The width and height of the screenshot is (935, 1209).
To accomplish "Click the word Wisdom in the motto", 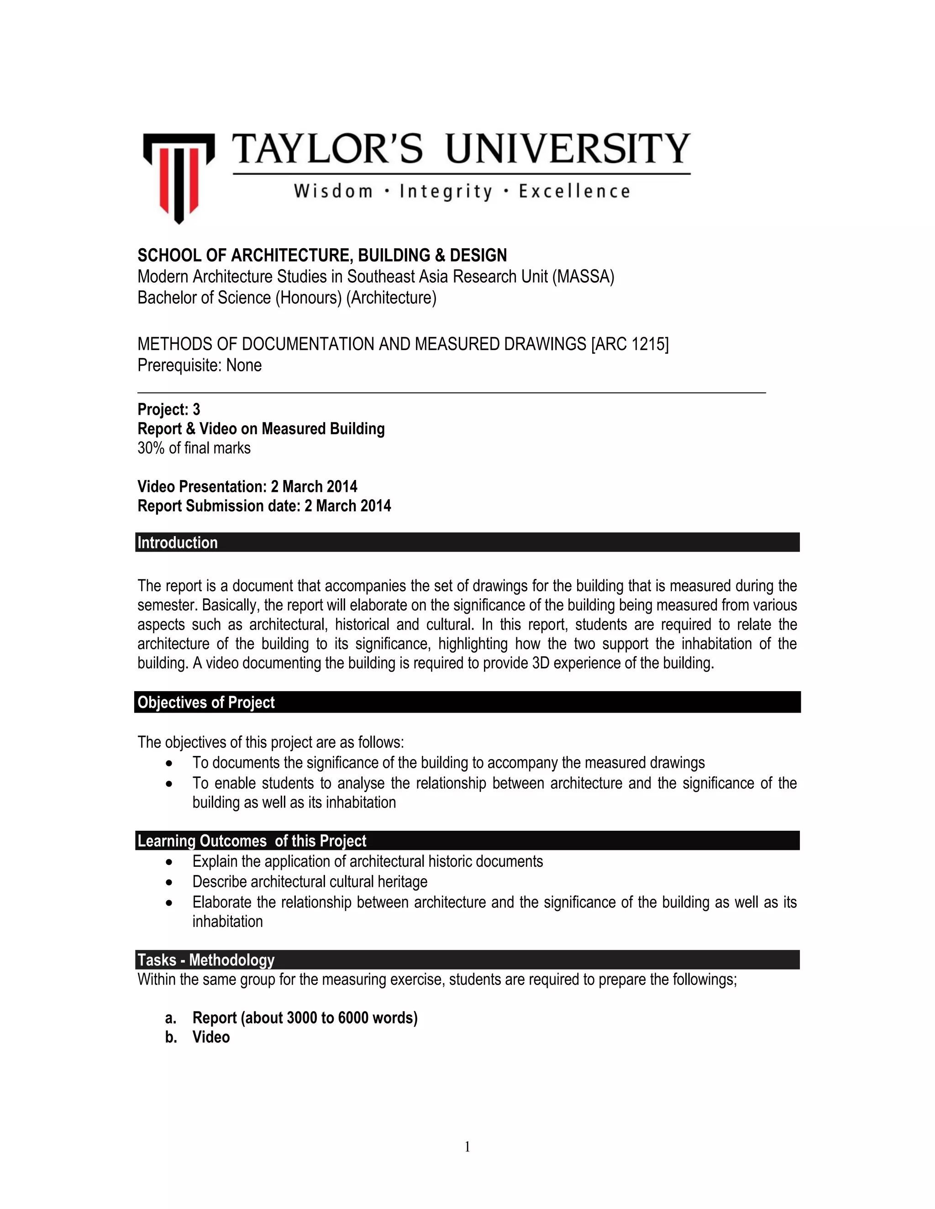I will (x=333, y=192).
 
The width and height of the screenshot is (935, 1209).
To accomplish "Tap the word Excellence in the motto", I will (x=574, y=192).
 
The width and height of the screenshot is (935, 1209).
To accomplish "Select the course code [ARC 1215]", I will (x=630, y=344).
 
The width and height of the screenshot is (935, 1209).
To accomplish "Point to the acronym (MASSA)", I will (x=583, y=277).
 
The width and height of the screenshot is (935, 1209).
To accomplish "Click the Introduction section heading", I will (x=178, y=542).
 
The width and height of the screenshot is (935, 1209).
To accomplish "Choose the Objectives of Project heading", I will (x=206, y=703).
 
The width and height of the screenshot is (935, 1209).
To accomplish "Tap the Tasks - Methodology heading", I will (x=206, y=960).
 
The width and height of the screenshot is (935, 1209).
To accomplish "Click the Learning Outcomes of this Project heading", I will (x=252, y=841).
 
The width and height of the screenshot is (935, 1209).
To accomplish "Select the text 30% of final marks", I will (x=194, y=448).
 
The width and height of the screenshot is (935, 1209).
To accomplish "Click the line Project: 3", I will (x=169, y=410).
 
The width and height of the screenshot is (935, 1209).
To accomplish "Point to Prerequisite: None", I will (x=200, y=365).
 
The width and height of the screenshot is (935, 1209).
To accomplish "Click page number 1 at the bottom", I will (x=467, y=1146).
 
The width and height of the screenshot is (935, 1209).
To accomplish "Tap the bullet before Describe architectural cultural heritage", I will (x=169, y=882).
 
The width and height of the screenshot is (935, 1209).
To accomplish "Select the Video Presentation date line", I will (x=247, y=487).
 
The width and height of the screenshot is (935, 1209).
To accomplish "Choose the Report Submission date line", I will (x=264, y=506).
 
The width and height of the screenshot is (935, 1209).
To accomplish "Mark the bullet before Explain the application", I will (x=169, y=862).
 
